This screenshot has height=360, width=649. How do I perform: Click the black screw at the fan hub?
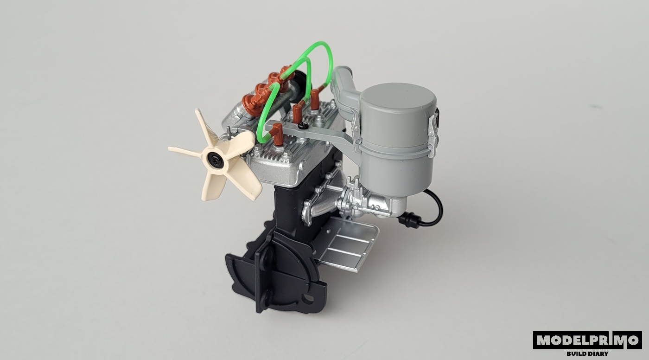[x=217, y=161]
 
